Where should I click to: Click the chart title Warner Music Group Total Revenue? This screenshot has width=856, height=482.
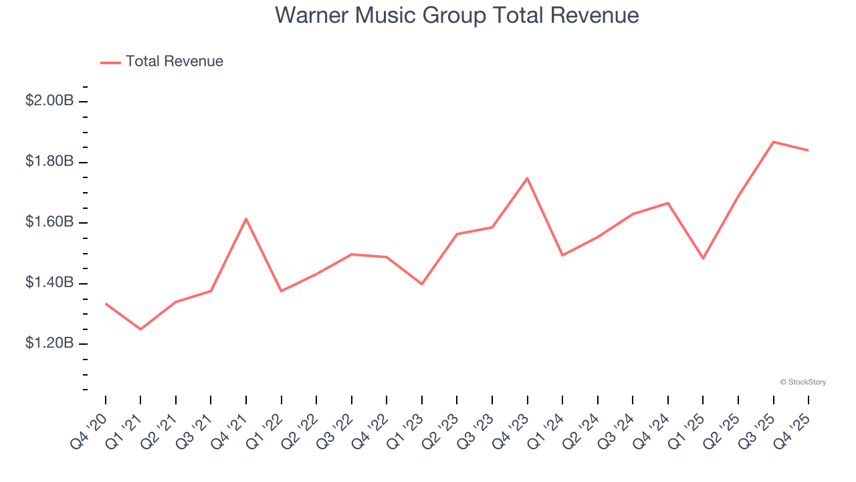click(x=457, y=15)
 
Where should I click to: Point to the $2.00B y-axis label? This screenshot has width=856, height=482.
click(x=49, y=101)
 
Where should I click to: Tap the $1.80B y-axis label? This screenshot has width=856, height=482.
click(x=49, y=162)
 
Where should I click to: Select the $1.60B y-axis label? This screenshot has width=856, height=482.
click(x=49, y=222)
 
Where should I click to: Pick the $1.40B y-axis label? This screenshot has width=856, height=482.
click(x=49, y=283)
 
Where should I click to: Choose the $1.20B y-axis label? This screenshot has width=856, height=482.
click(x=49, y=343)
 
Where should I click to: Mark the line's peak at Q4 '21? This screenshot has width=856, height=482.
click(x=246, y=219)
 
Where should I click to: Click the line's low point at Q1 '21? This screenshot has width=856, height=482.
click(x=140, y=329)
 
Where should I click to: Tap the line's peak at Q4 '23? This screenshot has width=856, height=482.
click(x=528, y=178)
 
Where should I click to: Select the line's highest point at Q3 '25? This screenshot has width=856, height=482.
click(x=774, y=142)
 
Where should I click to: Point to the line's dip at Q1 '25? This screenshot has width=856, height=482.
click(x=704, y=258)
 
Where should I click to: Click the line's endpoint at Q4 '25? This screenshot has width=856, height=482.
click(x=809, y=150)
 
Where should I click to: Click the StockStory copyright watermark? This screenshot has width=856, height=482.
click(x=802, y=382)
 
